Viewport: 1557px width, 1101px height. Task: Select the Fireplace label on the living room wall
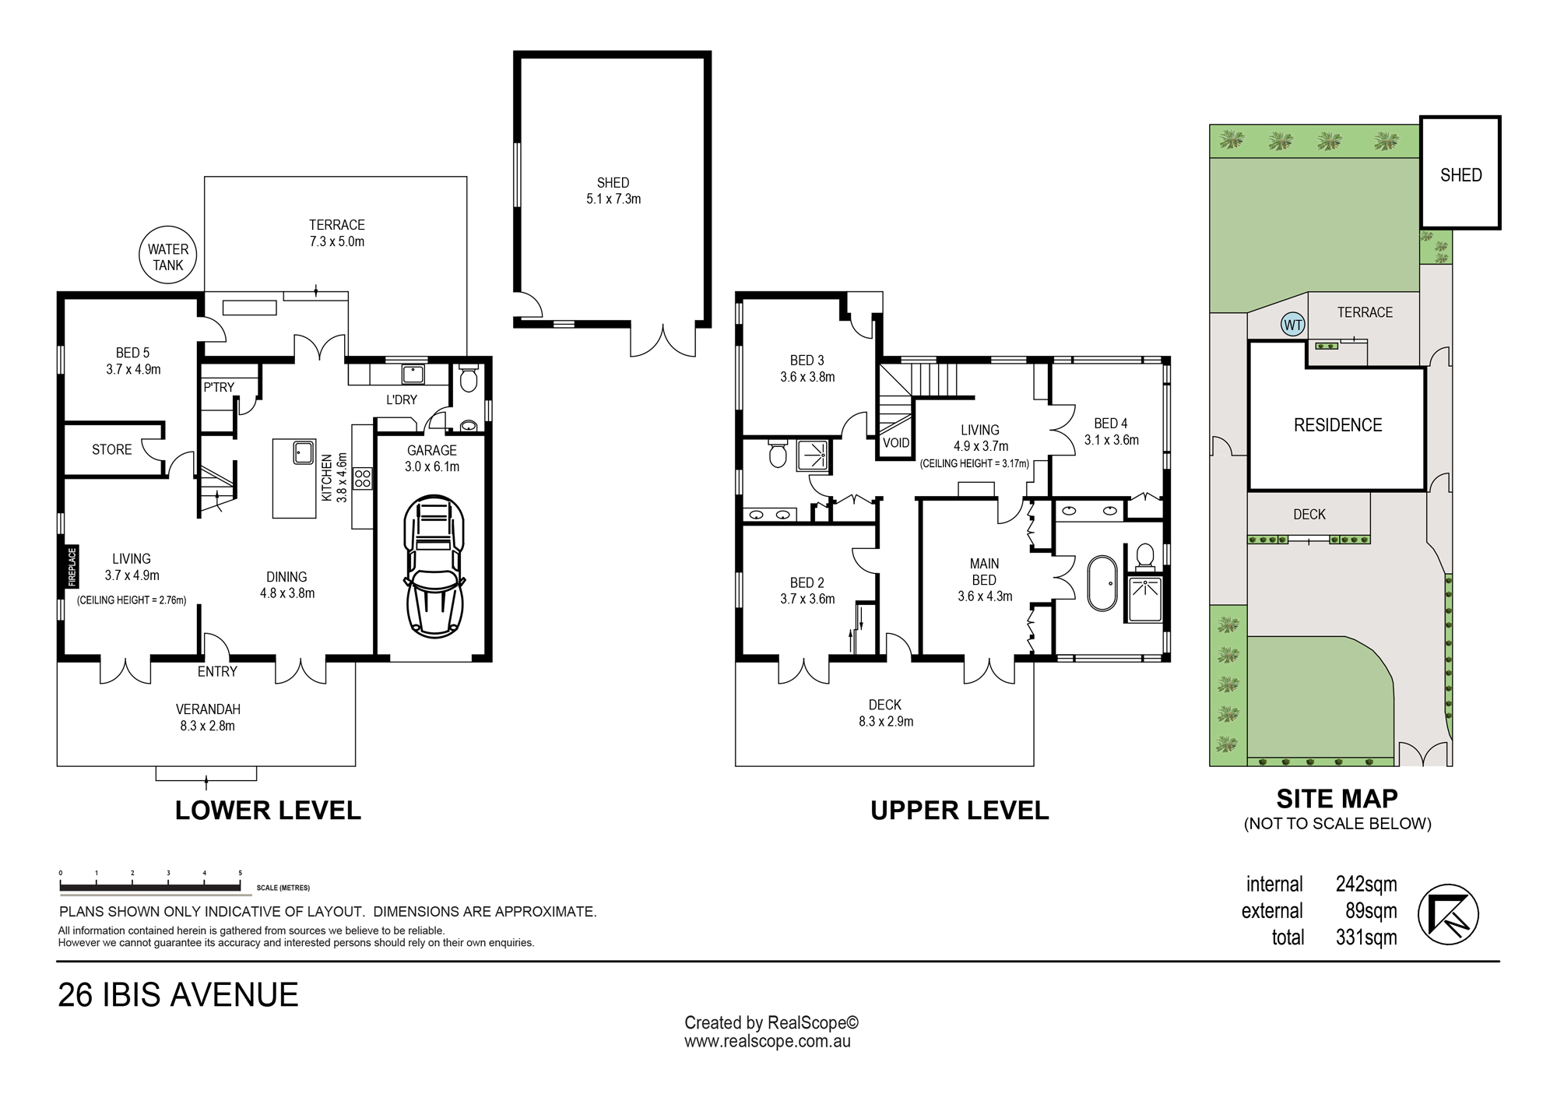tap(72, 566)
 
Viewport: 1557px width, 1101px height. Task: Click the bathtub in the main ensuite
tap(1099, 582)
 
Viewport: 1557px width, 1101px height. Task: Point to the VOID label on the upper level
tap(896, 443)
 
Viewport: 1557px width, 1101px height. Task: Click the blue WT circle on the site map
tap(1293, 325)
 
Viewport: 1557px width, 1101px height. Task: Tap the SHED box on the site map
tap(1460, 173)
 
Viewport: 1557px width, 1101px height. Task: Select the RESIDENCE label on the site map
tap(1337, 425)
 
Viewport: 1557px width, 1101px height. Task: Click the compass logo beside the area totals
tap(1447, 913)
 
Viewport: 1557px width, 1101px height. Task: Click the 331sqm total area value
tap(1366, 937)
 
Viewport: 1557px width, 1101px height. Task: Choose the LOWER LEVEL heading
tap(268, 811)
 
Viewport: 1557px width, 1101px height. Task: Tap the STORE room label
tap(112, 449)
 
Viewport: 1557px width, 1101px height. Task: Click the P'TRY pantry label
tap(219, 387)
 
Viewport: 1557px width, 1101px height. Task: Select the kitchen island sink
tap(302, 452)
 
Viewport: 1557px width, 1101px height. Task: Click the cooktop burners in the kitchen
tap(362, 478)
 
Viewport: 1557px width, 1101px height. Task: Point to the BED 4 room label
tap(1111, 424)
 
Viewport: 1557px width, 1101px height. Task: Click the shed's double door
tap(663, 340)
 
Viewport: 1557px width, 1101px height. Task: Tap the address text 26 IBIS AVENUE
tap(178, 995)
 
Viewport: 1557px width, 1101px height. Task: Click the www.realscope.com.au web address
tap(768, 1041)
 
